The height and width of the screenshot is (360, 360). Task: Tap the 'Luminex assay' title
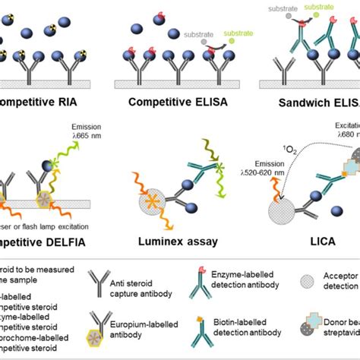click(x=174, y=242)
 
